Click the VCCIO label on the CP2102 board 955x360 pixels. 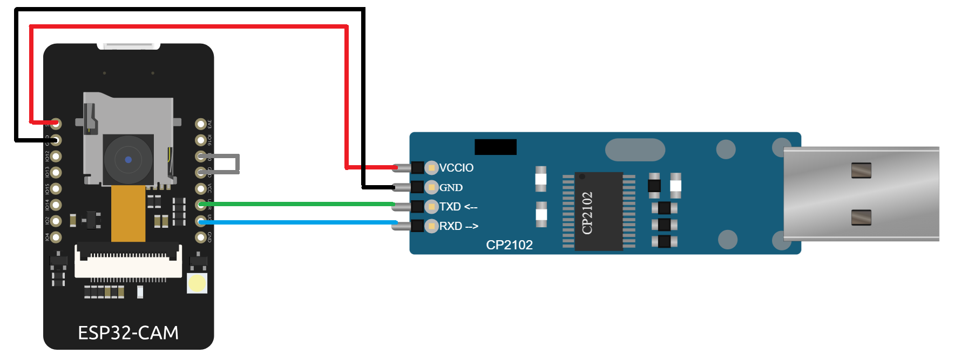click(x=456, y=168)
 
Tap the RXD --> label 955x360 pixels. click(x=458, y=226)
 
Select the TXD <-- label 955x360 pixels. click(x=458, y=207)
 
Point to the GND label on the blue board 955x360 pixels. click(x=451, y=188)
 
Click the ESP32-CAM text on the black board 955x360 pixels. click(x=128, y=333)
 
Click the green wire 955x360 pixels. click(x=297, y=204)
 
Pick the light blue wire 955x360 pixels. click(x=297, y=222)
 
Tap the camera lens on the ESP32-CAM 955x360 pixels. click(x=128, y=159)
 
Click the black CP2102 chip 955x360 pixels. click(x=599, y=212)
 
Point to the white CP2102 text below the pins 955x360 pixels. click(x=509, y=245)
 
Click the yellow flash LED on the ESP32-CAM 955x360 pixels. click(x=197, y=283)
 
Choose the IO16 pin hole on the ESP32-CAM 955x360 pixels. click(x=201, y=140)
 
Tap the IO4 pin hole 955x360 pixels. click(x=56, y=237)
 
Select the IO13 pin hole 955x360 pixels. click(x=56, y=173)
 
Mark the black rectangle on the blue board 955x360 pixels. click(x=495, y=147)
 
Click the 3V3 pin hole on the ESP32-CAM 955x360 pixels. click(x=201, y=124)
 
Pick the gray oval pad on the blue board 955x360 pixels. click(x=635, y=150)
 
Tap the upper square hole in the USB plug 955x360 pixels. click(x=861, y=171)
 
